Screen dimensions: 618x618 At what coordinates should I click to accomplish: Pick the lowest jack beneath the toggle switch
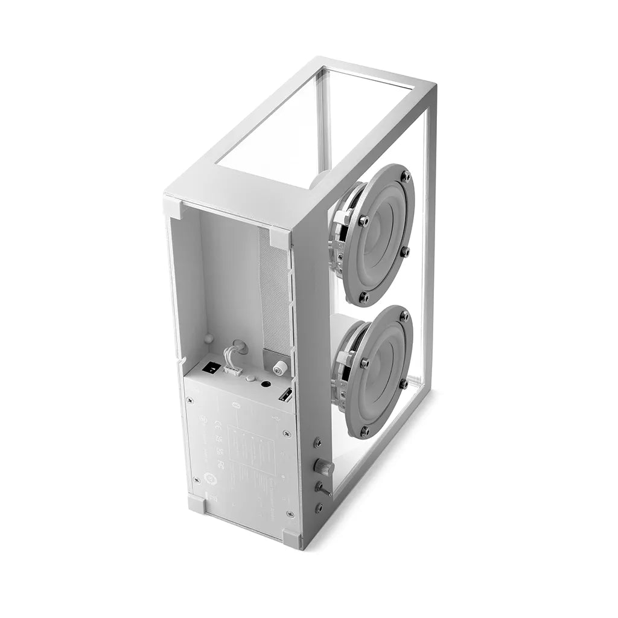[x=319, y=508]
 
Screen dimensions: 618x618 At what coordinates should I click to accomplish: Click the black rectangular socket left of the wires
[x=212, y=366]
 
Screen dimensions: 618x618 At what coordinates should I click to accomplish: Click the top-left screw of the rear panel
[x=191, y=399]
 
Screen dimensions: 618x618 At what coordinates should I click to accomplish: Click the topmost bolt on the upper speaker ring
[x=406, y=176]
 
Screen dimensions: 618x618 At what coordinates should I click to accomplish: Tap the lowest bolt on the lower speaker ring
[x=364, y=431]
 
